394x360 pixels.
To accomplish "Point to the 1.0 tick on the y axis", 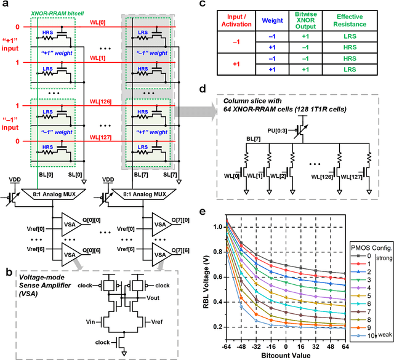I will pos(217,227).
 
